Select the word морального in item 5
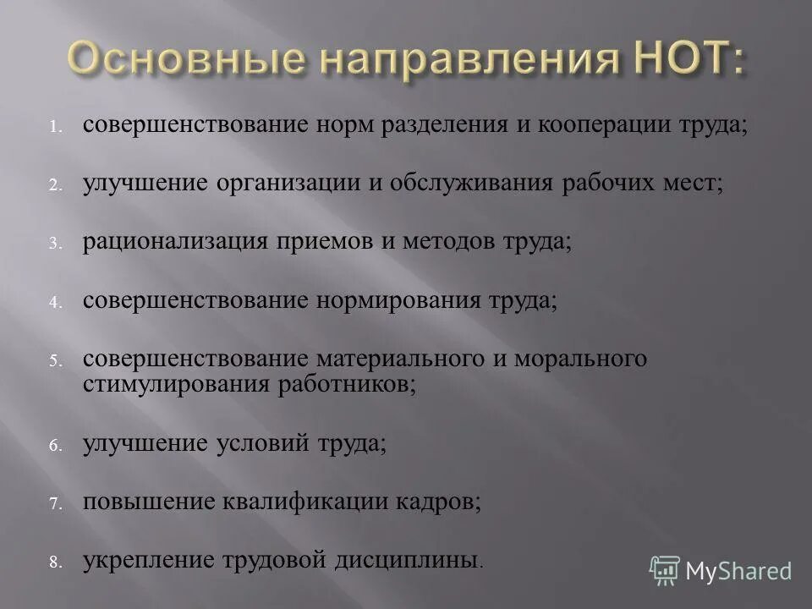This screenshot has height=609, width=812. click(573, 359)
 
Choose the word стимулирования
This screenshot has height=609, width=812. click(175, 385)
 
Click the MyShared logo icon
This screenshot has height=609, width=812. click(665, 571)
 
